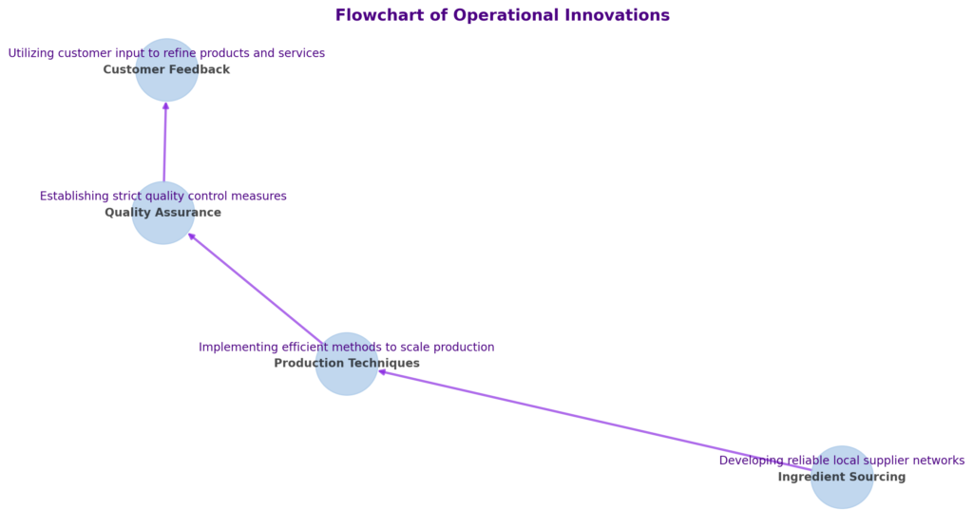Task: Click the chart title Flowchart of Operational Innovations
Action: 502,15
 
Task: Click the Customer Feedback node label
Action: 166,69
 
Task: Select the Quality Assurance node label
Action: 162,212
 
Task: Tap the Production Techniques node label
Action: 347,363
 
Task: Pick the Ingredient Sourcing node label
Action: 842,477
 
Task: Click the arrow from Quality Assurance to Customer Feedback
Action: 165,142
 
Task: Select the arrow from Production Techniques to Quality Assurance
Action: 257,289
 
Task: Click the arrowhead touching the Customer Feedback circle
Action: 165,106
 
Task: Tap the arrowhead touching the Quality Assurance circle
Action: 192,236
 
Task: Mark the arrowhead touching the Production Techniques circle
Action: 383,372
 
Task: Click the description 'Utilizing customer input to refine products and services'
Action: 166,53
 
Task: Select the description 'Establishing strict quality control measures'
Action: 163,196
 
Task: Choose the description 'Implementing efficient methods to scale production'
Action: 346,347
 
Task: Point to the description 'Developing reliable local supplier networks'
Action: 842,461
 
